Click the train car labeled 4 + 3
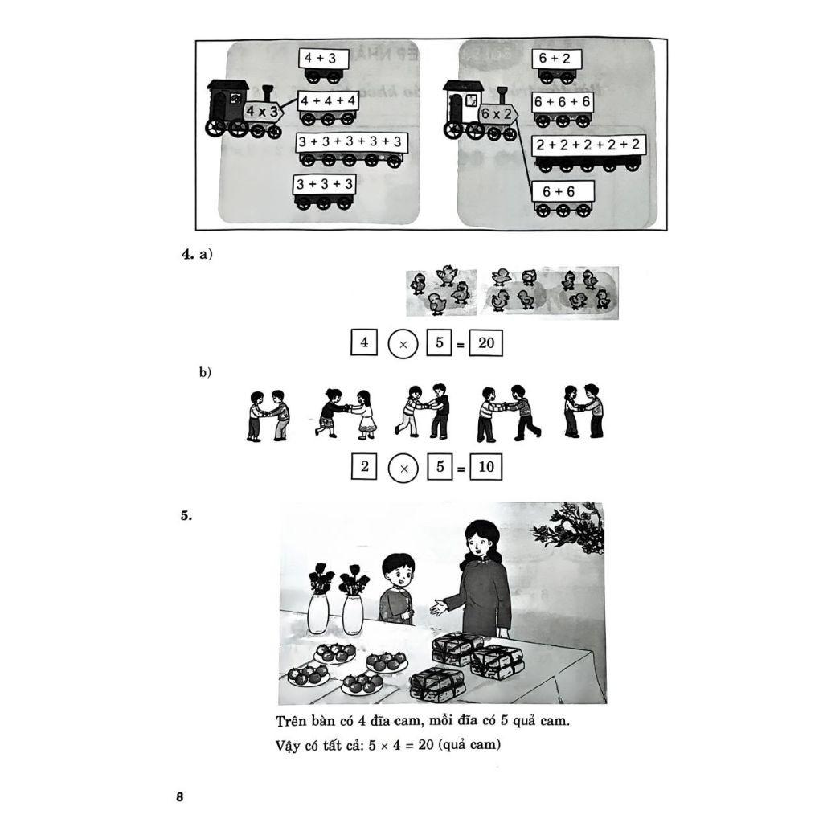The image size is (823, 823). (323, 66)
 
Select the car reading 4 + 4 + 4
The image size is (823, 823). (328, 109)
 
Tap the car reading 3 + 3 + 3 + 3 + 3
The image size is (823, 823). (350, 149)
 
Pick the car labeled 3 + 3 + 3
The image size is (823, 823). (325, 192)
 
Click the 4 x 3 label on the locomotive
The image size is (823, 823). (263, 111)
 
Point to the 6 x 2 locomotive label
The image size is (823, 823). (497, 114)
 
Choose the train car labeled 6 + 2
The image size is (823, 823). (556, 67)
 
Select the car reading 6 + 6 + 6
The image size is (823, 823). (562, 109)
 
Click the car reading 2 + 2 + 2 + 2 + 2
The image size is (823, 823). (588, 154)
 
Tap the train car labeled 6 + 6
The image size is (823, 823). (563, 199)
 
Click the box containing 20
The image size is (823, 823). (486, 343)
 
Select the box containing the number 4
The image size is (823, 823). (364, 342)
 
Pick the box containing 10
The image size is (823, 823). (486, 467)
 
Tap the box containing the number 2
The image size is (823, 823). (364, 466)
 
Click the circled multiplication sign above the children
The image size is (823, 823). (403, 344)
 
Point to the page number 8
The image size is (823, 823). (180, 796)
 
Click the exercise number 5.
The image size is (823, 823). (186, 515)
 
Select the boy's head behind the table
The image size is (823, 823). (399, 572)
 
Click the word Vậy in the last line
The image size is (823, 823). (289, 745)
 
